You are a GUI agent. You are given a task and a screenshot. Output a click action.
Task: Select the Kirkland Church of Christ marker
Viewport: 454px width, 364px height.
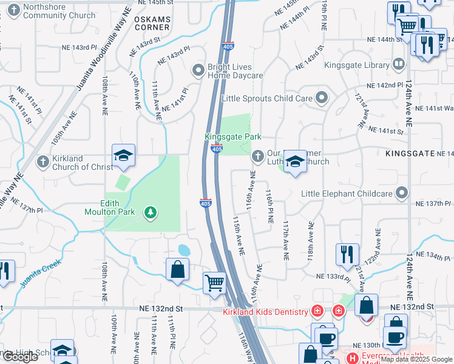(42, 161)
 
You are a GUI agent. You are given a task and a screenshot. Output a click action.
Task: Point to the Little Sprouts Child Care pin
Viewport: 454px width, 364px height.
(322, 98)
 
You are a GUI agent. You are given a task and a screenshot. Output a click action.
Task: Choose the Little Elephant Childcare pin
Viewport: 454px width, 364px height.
(401, 194)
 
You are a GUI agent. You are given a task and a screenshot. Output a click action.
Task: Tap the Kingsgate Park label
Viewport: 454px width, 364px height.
(233, 137)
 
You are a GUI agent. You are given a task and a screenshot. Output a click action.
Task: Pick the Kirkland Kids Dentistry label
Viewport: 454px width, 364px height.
(266, 312)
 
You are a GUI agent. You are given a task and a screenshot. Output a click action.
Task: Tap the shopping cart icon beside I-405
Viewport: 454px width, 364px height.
(214, 282)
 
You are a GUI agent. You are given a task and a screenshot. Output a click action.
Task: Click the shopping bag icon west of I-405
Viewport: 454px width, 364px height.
(177, 269)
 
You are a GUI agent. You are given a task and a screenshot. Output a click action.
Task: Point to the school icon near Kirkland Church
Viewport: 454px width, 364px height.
(123, 156)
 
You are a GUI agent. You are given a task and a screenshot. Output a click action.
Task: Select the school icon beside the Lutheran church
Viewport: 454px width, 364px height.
(295, 161)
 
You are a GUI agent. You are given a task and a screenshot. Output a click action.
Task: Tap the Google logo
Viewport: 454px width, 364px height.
(19, 357)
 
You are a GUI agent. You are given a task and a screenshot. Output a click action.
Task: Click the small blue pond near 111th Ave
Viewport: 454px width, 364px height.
(184, 250)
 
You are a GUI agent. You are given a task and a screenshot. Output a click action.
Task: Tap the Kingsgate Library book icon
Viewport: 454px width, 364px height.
(398, 64)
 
